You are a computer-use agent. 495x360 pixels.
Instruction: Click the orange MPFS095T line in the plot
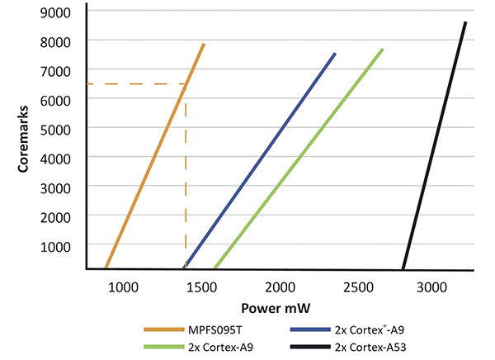[x=154, y=157]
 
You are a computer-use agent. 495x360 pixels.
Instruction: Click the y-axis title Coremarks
[x=25, y=136]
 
